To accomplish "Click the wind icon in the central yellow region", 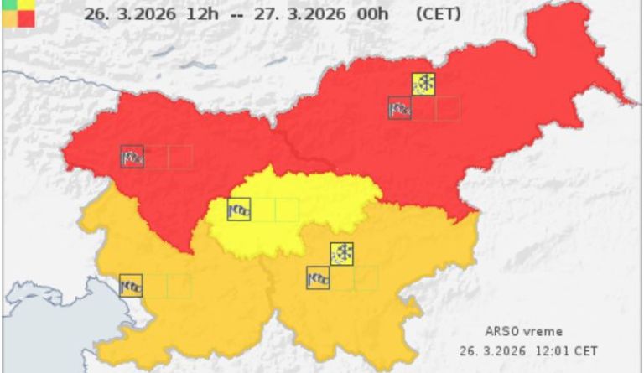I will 239,209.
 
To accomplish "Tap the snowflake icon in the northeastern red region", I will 424,84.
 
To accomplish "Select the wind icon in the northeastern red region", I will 400,108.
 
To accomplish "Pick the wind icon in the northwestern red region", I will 132,157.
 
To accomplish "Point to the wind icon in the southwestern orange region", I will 131,286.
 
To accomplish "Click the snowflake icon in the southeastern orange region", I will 341,253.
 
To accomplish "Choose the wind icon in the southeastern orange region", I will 318,278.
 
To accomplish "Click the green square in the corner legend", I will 7,5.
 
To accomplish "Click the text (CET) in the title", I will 439,14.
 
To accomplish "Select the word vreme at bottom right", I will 543,331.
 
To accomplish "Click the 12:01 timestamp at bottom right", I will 551,350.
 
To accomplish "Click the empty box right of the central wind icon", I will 262,209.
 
